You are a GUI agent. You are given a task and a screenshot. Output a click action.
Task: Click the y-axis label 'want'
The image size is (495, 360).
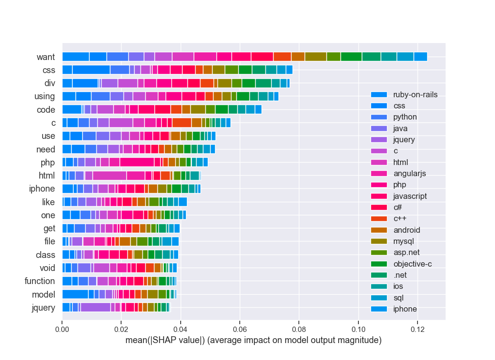(x=46, y=57)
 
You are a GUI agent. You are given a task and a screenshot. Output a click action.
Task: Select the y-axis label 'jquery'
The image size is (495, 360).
(x=43, y=307)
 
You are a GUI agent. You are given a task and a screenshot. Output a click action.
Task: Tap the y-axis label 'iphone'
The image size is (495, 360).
(x=42, y=189)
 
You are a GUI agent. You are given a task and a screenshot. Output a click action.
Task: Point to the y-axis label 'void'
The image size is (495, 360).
(x=47, y=268)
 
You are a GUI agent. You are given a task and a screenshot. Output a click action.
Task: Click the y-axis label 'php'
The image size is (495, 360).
(x=47, y=163)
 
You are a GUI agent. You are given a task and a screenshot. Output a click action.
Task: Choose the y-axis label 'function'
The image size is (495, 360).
(x=40, y=281)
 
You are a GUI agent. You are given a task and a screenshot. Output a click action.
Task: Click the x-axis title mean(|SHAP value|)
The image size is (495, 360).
(x=253, y=341)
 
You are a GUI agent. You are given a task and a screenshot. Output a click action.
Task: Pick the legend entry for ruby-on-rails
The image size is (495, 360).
(x=415, y=95)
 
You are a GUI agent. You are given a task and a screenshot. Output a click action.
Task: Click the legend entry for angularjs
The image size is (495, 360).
(x=410, y=173)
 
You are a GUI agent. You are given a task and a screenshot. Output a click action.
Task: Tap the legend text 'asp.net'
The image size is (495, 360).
(x=406, y=253)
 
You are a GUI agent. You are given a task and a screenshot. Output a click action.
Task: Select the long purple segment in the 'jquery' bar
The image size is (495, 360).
(x=95, y=307)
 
